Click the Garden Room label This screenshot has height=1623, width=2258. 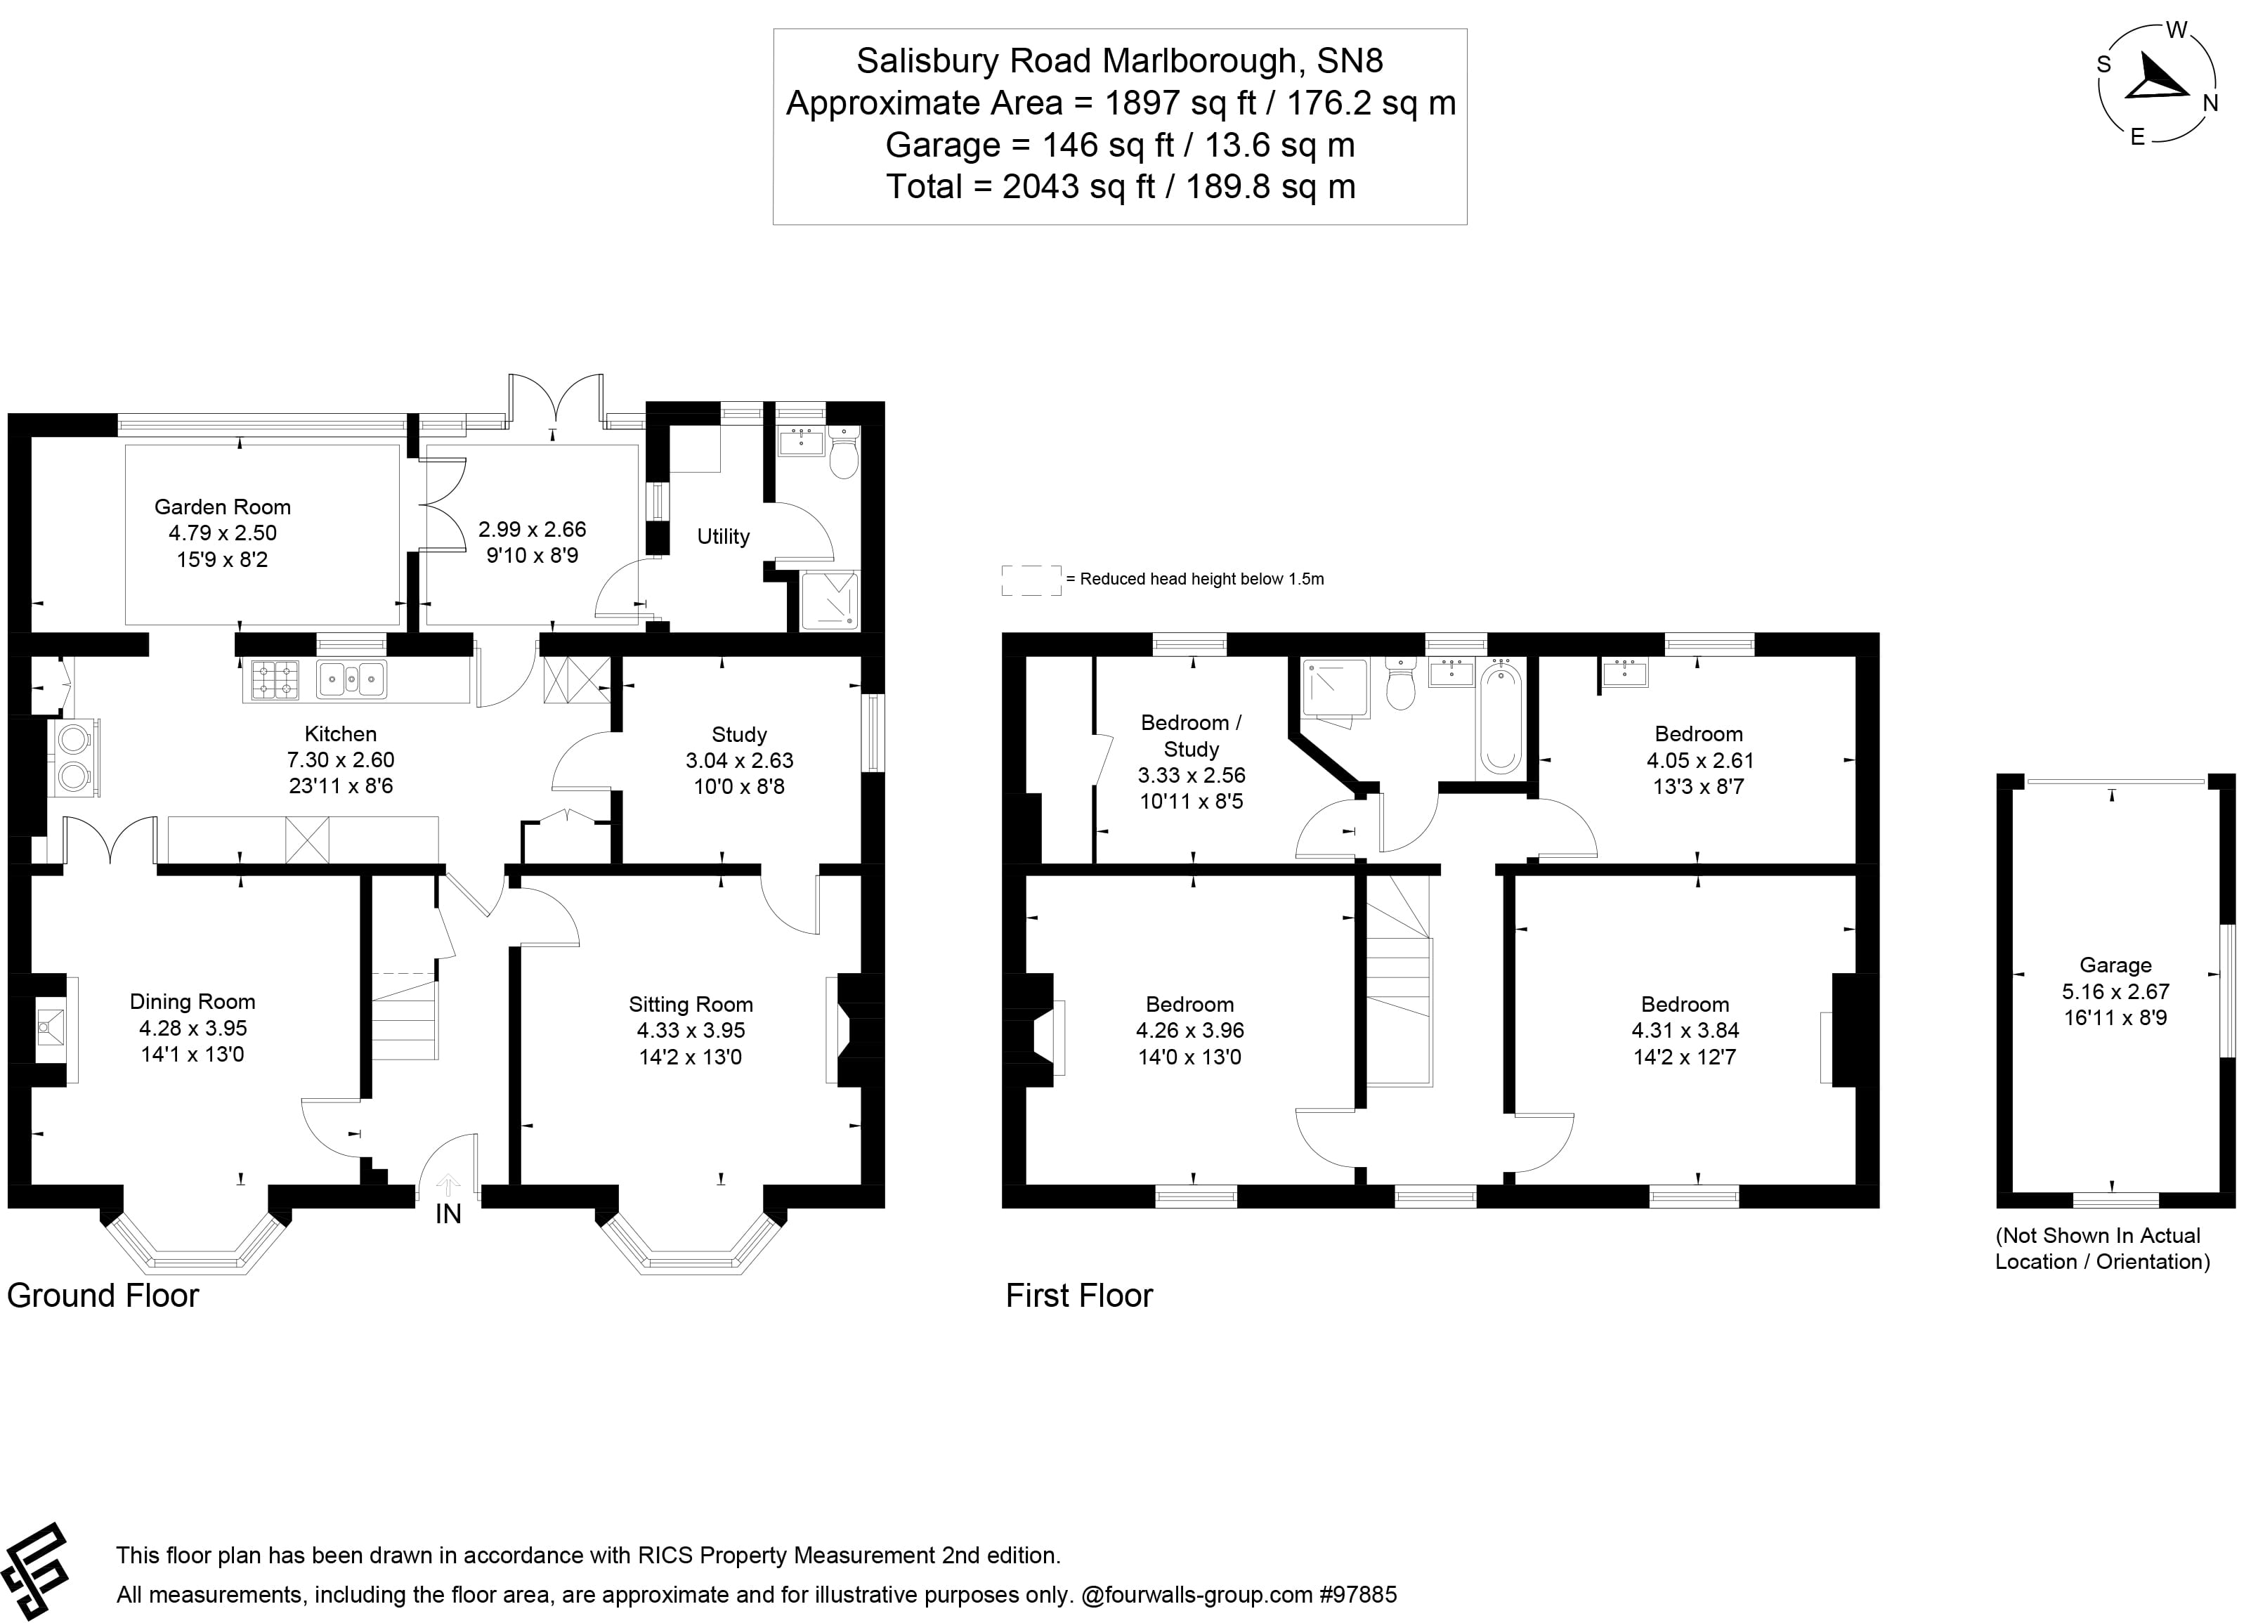coord(222,507)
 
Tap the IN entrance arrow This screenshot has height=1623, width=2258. coord(448,1185)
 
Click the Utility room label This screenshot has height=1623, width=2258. coord(723,537)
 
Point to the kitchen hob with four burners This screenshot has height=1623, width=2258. coord(275,680)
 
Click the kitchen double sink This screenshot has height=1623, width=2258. coord(351,680)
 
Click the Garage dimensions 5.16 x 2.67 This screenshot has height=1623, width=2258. coord(2115,992)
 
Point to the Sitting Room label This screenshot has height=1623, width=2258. coord(690,1005)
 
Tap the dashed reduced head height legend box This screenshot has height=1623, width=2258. coord(1031,580)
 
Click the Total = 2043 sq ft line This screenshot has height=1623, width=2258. coord(1120,187)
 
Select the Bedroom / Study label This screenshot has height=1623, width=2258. coord(1191,736)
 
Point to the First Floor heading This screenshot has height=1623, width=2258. coord(1078,1296)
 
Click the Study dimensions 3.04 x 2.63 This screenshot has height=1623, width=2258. coord(738,761)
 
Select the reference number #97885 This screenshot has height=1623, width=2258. coord(1358,1595)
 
